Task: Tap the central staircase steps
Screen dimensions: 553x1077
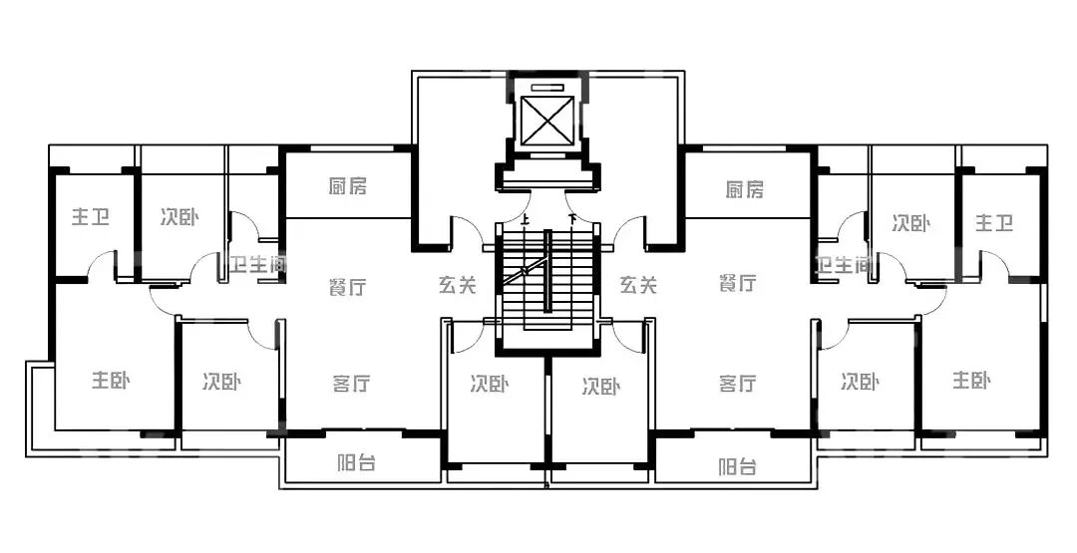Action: click(x=547, y=284)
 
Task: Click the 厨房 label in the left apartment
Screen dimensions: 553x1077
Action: click(x=347, y=186)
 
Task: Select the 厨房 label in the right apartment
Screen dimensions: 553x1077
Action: click(x=745, y=189)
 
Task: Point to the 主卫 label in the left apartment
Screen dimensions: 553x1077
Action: click(x=91, y=218)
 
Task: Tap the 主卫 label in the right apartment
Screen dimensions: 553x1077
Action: click(x=993, y=223)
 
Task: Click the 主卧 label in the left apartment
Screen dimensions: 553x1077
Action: click(x=111, y=381)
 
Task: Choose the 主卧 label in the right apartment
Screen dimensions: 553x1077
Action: click(x=971, y=381)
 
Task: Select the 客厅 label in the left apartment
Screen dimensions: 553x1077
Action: click(x=351, y=383)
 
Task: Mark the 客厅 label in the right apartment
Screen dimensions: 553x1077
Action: click(x=737, y=384)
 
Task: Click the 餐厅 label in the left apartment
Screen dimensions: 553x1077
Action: click(x=347, y=288)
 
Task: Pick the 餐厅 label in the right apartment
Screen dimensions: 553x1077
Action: click(x=737, y=284)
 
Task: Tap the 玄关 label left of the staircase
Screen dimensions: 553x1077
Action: click(x=457, y=286)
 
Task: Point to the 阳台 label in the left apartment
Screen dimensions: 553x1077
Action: click(x=356, y=463)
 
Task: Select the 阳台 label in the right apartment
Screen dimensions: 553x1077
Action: click(x=737, y=465)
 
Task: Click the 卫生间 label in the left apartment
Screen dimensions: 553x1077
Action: click(x=257, y=265)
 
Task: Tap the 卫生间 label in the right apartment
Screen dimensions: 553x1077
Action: click(x=844, y=265)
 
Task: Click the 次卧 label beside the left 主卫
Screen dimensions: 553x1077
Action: click(x=179, y=218)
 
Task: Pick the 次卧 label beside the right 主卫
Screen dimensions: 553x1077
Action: click(x=910, y=223)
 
